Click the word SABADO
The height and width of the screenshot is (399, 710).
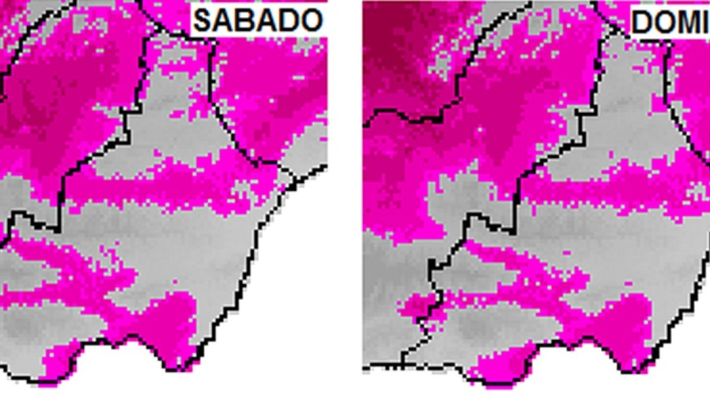click(x=259, y=21)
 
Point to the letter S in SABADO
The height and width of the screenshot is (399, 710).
click(x=204, y=21)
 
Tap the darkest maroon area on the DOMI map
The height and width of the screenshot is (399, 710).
click(x=390, y=47)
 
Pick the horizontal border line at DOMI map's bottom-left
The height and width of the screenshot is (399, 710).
click(x=382, y=368)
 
